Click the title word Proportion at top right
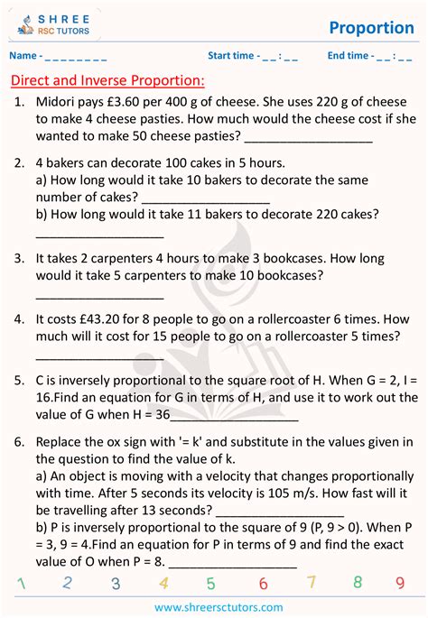(x=371, y=27)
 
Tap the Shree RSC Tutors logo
(x=55, y=24)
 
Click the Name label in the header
(x=25, y=57)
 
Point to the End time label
(x=348, y=56)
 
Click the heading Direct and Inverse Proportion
(x=107, y=81)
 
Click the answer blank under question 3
(x=99, y=296)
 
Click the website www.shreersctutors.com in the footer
(x=214, y=606)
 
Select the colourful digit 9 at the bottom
(x=399, y=583)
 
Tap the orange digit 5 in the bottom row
(x=210, y=583)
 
